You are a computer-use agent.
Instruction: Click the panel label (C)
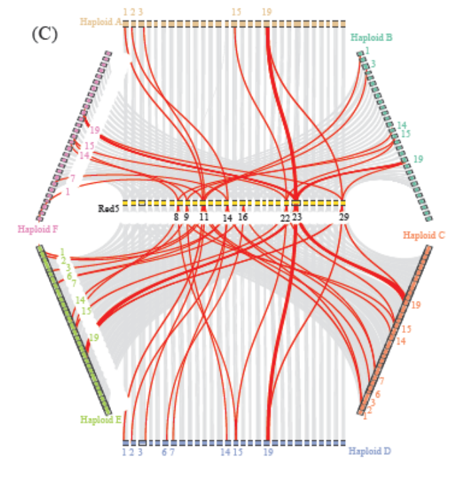click(44, 33)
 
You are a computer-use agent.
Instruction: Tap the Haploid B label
click(371, 37)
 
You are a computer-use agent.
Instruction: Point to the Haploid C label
click(424, 235)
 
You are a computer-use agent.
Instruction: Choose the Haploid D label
click(369, 451)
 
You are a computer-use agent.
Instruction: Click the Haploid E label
click(101, 419)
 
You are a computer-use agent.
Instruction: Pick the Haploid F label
click(38, 229)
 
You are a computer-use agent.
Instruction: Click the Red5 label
click(108, 209)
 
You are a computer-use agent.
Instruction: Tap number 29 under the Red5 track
click(344, 217)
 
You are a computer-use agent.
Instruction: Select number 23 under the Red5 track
click(297, 217)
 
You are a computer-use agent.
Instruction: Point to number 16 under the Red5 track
click(243, 217)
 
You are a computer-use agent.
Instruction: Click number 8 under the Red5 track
click(176, 217)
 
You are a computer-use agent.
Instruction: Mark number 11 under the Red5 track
click(204, 217)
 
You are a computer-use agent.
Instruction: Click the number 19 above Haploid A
click(266, 12)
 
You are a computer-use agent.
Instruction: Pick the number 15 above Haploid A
click(236, 12)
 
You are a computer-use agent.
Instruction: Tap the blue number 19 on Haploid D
click(268, 451)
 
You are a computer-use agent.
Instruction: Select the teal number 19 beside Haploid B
click(418, 159)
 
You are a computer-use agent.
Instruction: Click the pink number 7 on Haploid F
click(72, 178)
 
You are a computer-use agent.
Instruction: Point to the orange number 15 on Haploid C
click(406, 329)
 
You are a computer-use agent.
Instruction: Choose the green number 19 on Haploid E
click(93, 337)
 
